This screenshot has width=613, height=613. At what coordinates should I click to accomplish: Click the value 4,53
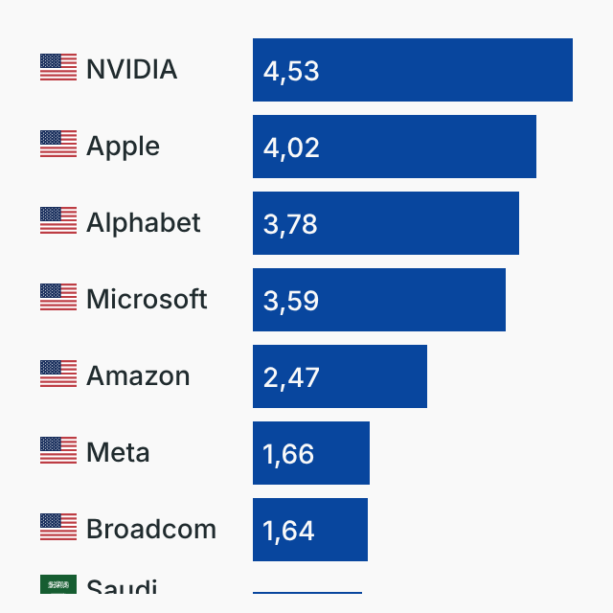coord(291,71)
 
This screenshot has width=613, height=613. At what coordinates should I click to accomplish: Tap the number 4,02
coord(291,148)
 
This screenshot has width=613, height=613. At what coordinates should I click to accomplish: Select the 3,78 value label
coord(290,224)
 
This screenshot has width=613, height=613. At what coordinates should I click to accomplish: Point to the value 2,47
coord(291,377)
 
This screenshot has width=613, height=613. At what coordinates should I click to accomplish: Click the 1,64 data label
coord(288,531)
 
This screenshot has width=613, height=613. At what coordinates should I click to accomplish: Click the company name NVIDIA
coord(131,70)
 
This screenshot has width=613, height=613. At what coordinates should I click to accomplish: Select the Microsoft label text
coord(147,300)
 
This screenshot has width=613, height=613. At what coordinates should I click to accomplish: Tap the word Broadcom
coord(151,530)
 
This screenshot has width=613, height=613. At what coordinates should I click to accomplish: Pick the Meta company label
coord(118,453)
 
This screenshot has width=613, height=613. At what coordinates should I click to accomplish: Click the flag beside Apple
coord(58,145)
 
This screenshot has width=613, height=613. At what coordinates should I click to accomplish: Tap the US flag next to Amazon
coord(58,375)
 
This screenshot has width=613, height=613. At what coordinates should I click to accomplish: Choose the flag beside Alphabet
coord(58,221)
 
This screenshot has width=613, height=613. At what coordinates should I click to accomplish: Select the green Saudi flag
coord(58,584)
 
